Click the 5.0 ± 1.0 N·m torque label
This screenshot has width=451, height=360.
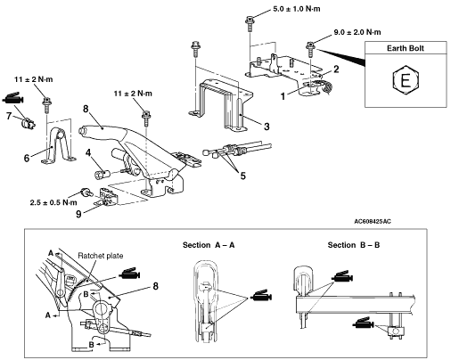297,9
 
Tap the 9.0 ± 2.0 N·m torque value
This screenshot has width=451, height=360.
357,32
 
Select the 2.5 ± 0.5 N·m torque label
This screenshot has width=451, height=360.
53,202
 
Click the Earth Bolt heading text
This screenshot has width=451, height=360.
406,48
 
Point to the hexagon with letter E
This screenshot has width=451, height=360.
406,80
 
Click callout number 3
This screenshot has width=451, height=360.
266,127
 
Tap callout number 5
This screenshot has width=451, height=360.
243,176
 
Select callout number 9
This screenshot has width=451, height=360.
78,214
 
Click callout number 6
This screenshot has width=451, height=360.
27,158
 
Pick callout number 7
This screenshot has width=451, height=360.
9,116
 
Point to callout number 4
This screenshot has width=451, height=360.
88,152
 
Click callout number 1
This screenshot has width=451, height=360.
283,96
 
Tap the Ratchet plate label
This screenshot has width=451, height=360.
101,256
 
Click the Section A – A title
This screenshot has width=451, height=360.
209,245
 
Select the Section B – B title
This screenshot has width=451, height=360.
354,245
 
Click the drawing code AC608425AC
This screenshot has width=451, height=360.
373,222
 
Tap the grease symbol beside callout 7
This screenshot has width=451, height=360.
13,98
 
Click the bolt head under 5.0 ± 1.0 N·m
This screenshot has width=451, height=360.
249,20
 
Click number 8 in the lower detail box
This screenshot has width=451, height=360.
155,286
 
